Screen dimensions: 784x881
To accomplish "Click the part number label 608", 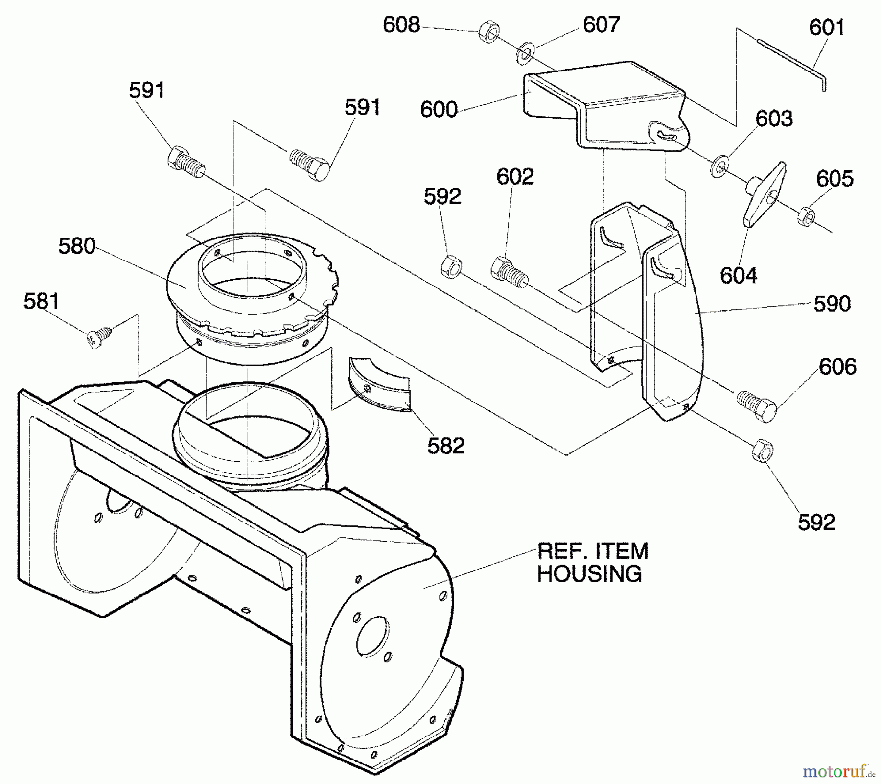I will point(401,25).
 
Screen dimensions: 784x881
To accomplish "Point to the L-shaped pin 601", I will point(793,61).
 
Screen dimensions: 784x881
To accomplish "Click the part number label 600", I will point(439,109).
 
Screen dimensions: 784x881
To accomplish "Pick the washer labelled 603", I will point(719,166).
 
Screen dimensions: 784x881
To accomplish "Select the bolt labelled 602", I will point(508,270).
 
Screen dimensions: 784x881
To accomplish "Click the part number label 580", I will point(77,246).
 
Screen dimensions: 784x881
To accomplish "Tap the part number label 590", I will point(832,304).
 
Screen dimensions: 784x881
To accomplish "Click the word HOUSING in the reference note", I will point(589,573).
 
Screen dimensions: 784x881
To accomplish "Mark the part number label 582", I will point(446,446).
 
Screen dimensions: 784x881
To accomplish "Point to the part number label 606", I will point(837,367).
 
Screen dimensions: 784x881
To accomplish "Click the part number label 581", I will point(42,301).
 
